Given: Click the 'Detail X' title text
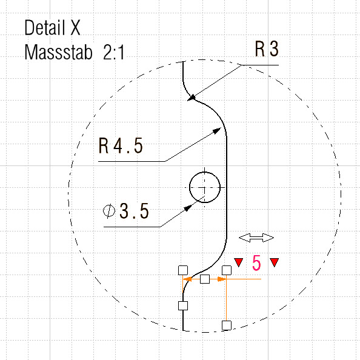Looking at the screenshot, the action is tap(52, 27).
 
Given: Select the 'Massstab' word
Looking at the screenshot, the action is tap(58, 52).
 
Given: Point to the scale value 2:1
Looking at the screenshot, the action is tap(114, 52).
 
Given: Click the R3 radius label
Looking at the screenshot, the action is tap(267, 48).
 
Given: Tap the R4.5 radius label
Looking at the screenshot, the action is tap(121, 145).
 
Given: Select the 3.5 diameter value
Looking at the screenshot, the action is tap(134, 211).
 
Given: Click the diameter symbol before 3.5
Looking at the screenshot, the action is tap(109, 211).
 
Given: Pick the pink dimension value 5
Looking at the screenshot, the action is tap(256, 263).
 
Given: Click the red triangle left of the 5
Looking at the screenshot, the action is tap(239, 262).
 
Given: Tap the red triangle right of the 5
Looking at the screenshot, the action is tap(275, 262).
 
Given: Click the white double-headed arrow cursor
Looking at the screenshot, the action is tap(256, 238).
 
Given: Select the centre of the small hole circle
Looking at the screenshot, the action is tap(205, 188).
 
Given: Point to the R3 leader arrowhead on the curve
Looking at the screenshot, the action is tap(192, 98).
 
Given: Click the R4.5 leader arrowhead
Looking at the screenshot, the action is tap(217, 131).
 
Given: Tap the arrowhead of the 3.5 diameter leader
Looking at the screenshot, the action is tap(188, 208).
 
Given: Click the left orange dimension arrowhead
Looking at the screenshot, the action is tap(187, 279).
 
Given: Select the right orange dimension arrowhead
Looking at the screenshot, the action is tap(222, 279).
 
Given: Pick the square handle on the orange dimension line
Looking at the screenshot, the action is tap(205, 279).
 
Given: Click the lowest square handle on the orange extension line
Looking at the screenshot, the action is tap(227, 325).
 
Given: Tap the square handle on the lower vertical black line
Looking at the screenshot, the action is tap(183, 306).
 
